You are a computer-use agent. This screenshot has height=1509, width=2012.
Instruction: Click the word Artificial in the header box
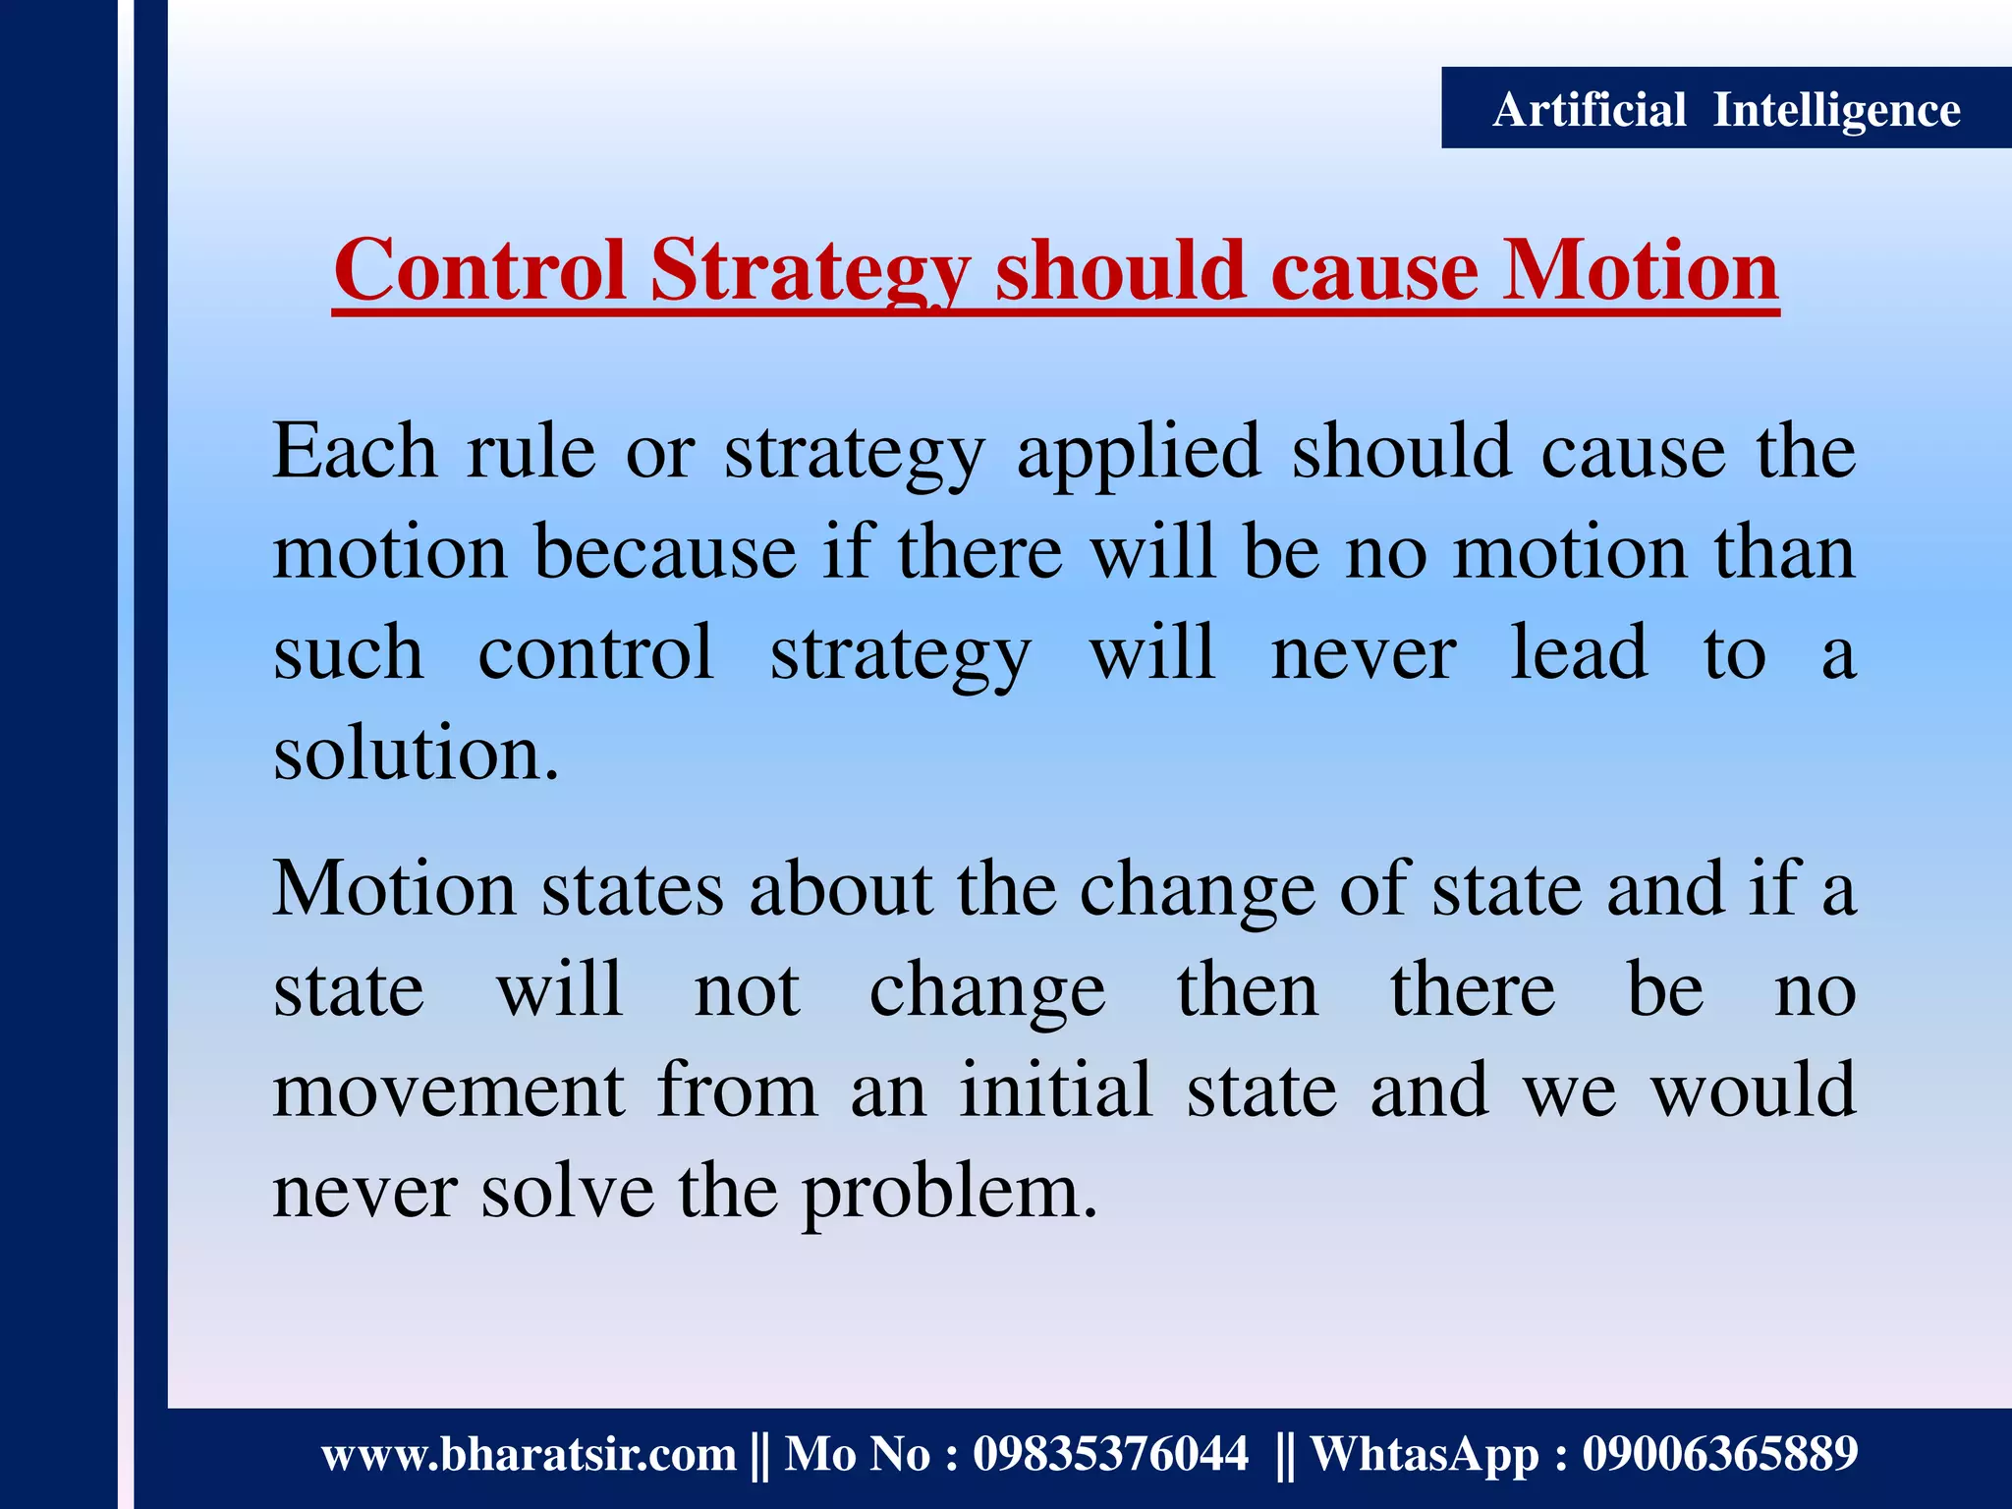[1589, 109]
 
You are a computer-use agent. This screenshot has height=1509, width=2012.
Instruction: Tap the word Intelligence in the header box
[1836, 109]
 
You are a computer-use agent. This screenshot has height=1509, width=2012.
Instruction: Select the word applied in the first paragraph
[1138, 452]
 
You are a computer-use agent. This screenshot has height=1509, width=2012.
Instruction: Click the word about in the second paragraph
[840, 888]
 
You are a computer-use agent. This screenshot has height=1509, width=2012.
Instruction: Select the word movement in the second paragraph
[448, 1090]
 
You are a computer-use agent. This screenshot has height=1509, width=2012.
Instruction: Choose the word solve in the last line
[567, 1191]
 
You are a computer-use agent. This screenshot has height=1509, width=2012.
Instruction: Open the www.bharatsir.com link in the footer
[529, 1454]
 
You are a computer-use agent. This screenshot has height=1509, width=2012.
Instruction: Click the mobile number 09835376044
[1110, 1454]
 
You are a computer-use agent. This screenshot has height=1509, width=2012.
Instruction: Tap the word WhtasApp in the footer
[1425, 1455]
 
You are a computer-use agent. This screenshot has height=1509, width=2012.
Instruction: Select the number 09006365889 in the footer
[1719, 1454]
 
